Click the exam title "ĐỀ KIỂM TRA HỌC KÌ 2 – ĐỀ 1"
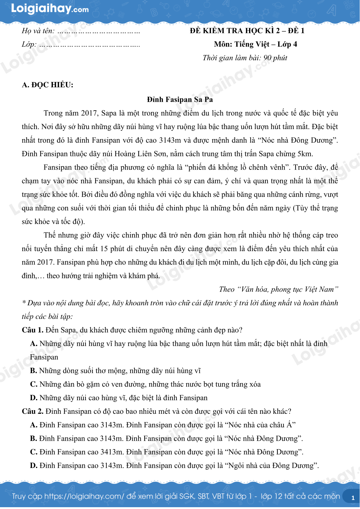click(x=247, y=31)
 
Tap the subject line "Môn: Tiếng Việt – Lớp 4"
click(x=255, y=44)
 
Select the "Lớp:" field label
click(x=29, y=44)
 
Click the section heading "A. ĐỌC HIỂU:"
click(x=47, y=85)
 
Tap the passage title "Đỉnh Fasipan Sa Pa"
click(x=180, y=99)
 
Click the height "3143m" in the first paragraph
click(x=170, y=140)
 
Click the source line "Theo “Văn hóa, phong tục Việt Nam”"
click(x=278, y=289)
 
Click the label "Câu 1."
click(x=33, y=330)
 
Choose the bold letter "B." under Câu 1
click(x=34, y=371)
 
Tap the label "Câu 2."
click(x=33, y=411)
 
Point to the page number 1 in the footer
click(x=353, y=498)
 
